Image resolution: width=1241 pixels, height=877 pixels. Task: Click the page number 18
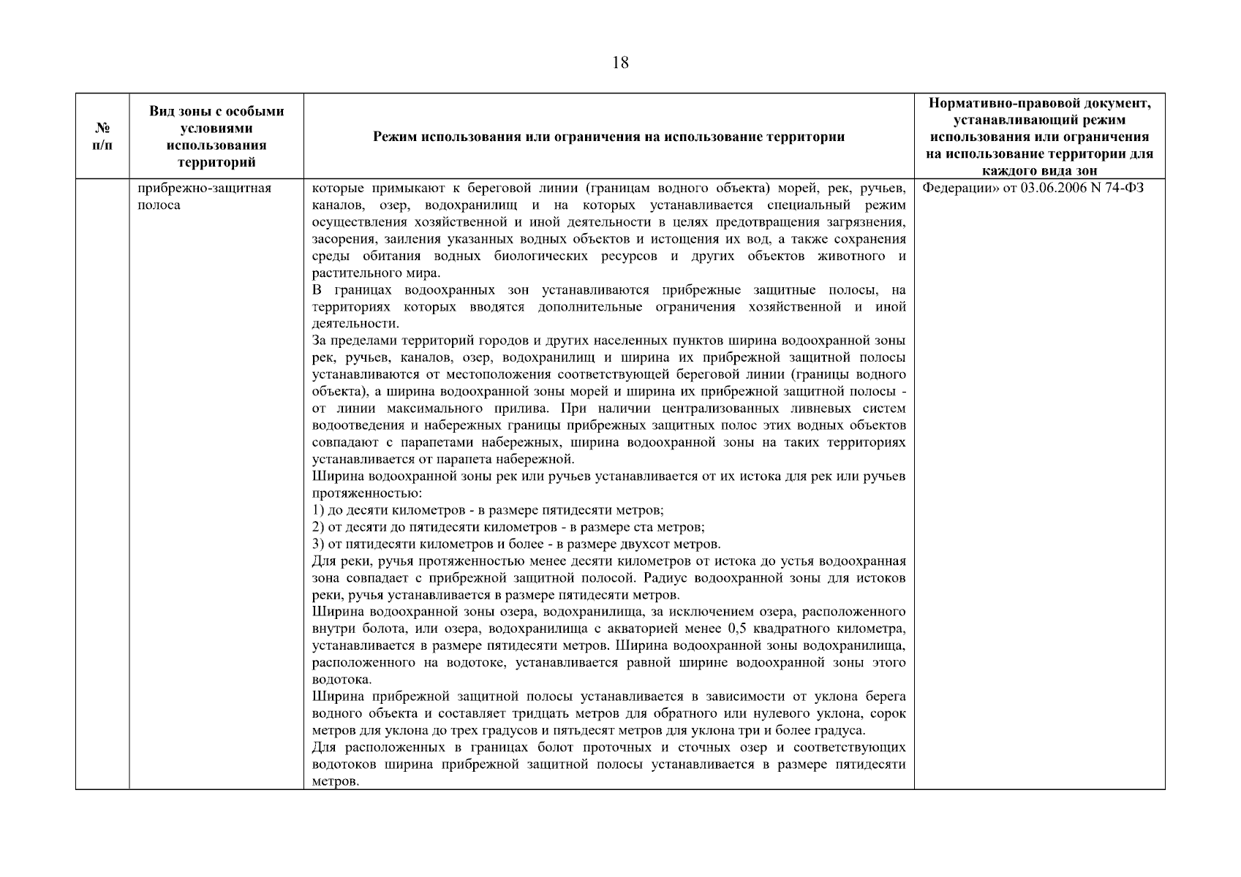[x=619, y=63]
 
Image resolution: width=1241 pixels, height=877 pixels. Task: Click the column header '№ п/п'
[x=102, y=137]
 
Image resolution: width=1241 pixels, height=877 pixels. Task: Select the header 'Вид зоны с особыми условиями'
[x=216, y=137]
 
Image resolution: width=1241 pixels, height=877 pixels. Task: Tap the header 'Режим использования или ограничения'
[x=608, y=137]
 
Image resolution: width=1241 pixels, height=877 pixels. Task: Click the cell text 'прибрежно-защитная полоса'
[x=204, y=197]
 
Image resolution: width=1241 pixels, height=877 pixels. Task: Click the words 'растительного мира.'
[x=376, y=273]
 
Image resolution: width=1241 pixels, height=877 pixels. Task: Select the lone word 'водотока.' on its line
[x=342, y=680]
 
